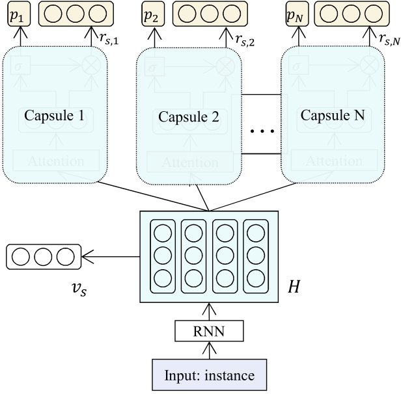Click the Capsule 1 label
[x=55, y=116]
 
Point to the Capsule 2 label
[x=189, y=118]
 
